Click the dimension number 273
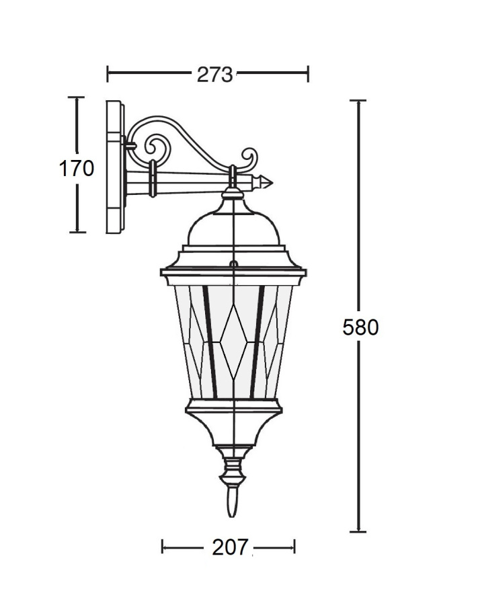coord(214,75)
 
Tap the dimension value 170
coord(77,169)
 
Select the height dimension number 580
coord(360,327)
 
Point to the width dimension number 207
coord(230,547)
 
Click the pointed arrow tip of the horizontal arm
coord(272,182)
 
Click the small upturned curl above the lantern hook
coord(250,157)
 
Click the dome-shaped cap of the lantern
coord(233,229)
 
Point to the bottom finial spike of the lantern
coord(231,502)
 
